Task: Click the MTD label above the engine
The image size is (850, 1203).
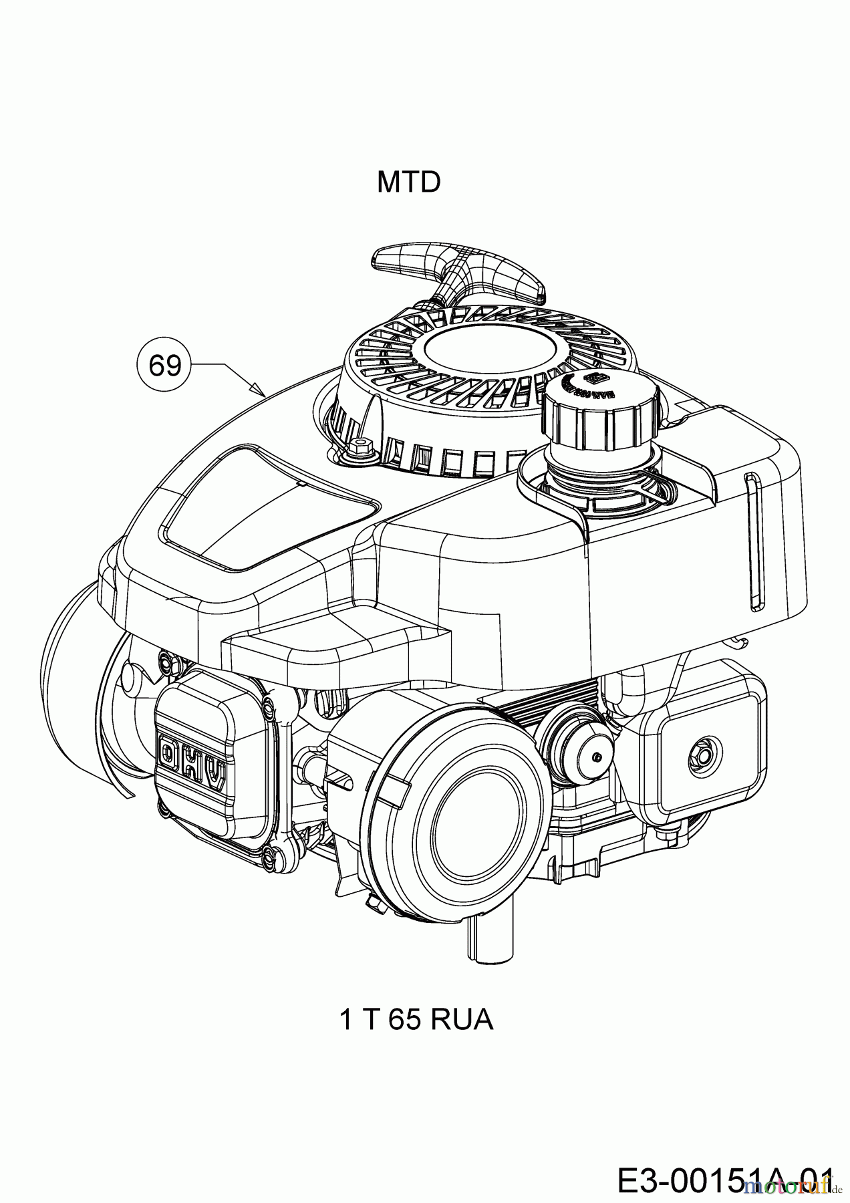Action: point(408,182)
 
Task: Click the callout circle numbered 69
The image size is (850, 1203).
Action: point(164,366)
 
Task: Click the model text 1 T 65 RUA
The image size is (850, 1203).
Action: point(416,1038)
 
